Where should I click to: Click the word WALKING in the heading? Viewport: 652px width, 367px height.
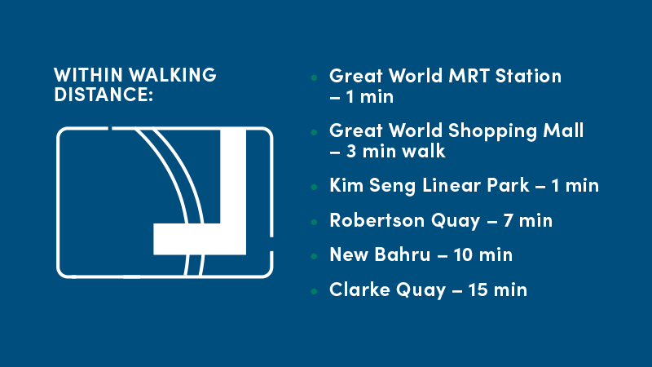click(x=173, y=75)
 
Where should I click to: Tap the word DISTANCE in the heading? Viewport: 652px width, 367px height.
click(x=101, y=94)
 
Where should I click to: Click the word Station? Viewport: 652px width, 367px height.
click(x=528, y=76)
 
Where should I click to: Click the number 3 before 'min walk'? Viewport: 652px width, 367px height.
click(x=351, y=151)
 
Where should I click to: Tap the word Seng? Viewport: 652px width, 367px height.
click(x=392, y=186)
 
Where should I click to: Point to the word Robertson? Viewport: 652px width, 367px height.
click(x=377, y=220)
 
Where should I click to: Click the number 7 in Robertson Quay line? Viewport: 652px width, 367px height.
click(x=508, y=220)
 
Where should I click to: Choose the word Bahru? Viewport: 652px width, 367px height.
click(x=402, y=254)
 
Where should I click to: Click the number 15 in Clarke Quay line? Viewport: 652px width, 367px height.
click(x=478, y=290)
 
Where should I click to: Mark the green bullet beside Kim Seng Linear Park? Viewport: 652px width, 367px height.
click(x=314, y=188)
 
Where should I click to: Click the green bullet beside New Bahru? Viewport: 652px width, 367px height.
click(x=314, y=257)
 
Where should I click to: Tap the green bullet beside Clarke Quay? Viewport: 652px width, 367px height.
click(x=314, y=292)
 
